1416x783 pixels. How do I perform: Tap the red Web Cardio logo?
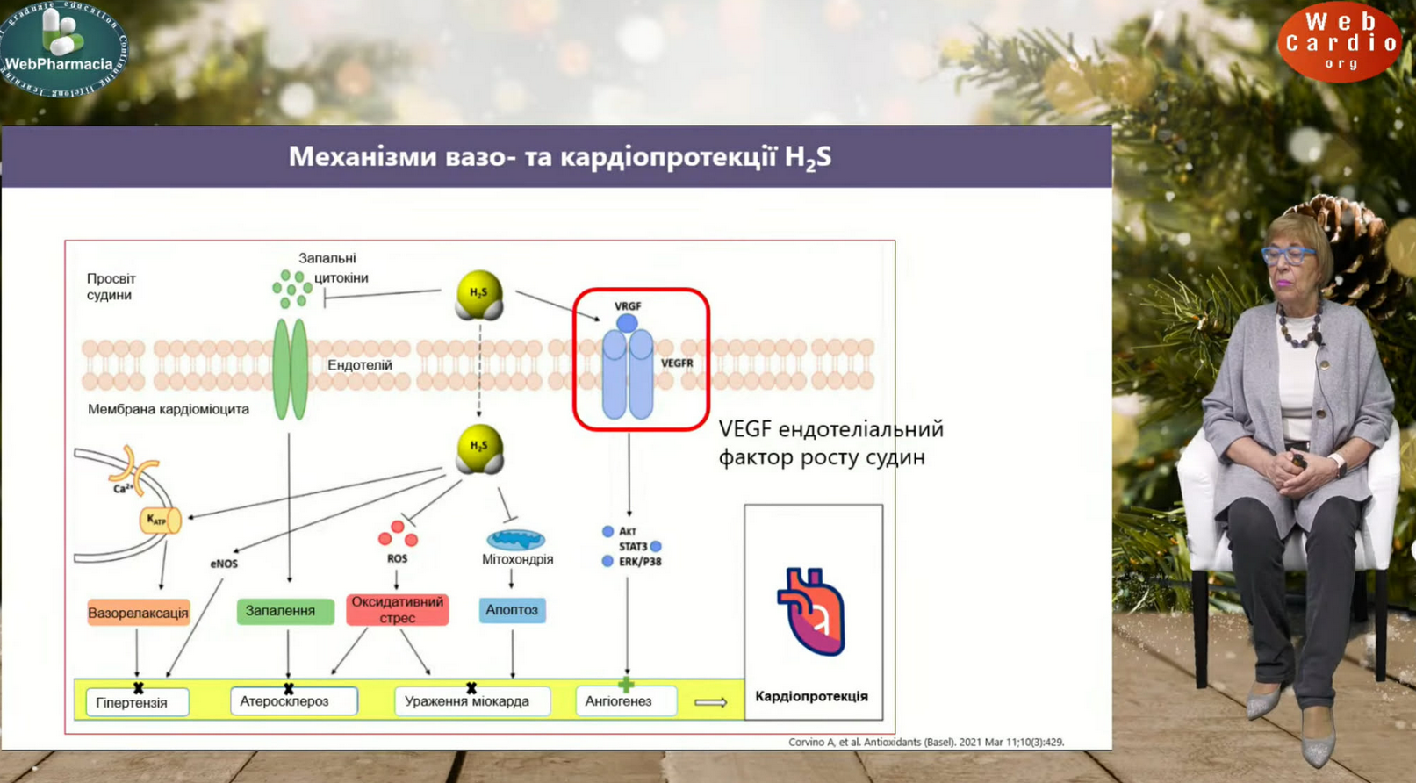(1340, 41)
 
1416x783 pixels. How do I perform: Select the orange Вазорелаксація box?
(138, 613)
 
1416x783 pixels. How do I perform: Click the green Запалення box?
(284, 611)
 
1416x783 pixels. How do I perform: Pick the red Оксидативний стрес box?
(397, 609)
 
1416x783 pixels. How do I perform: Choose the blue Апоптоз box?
(512, 610)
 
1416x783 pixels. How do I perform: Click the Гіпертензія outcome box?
(136, 702)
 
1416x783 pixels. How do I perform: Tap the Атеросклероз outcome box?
(293, 701)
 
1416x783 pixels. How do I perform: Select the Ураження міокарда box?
(471, 701)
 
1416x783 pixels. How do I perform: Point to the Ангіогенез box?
(625, 701)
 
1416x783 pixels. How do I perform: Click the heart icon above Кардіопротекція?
(811, 611)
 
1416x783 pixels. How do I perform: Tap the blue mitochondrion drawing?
(515, 539)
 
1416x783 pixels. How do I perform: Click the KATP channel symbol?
(160, 521)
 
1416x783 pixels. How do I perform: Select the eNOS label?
(224, 564)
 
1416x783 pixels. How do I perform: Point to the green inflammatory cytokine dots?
(291, 288)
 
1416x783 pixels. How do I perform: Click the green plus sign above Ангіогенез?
(626, 684)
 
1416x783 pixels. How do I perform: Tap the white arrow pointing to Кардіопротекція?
(710, 702)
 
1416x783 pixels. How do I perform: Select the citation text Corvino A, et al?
(926, 742)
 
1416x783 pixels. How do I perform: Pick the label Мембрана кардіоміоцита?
(169, 409)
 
